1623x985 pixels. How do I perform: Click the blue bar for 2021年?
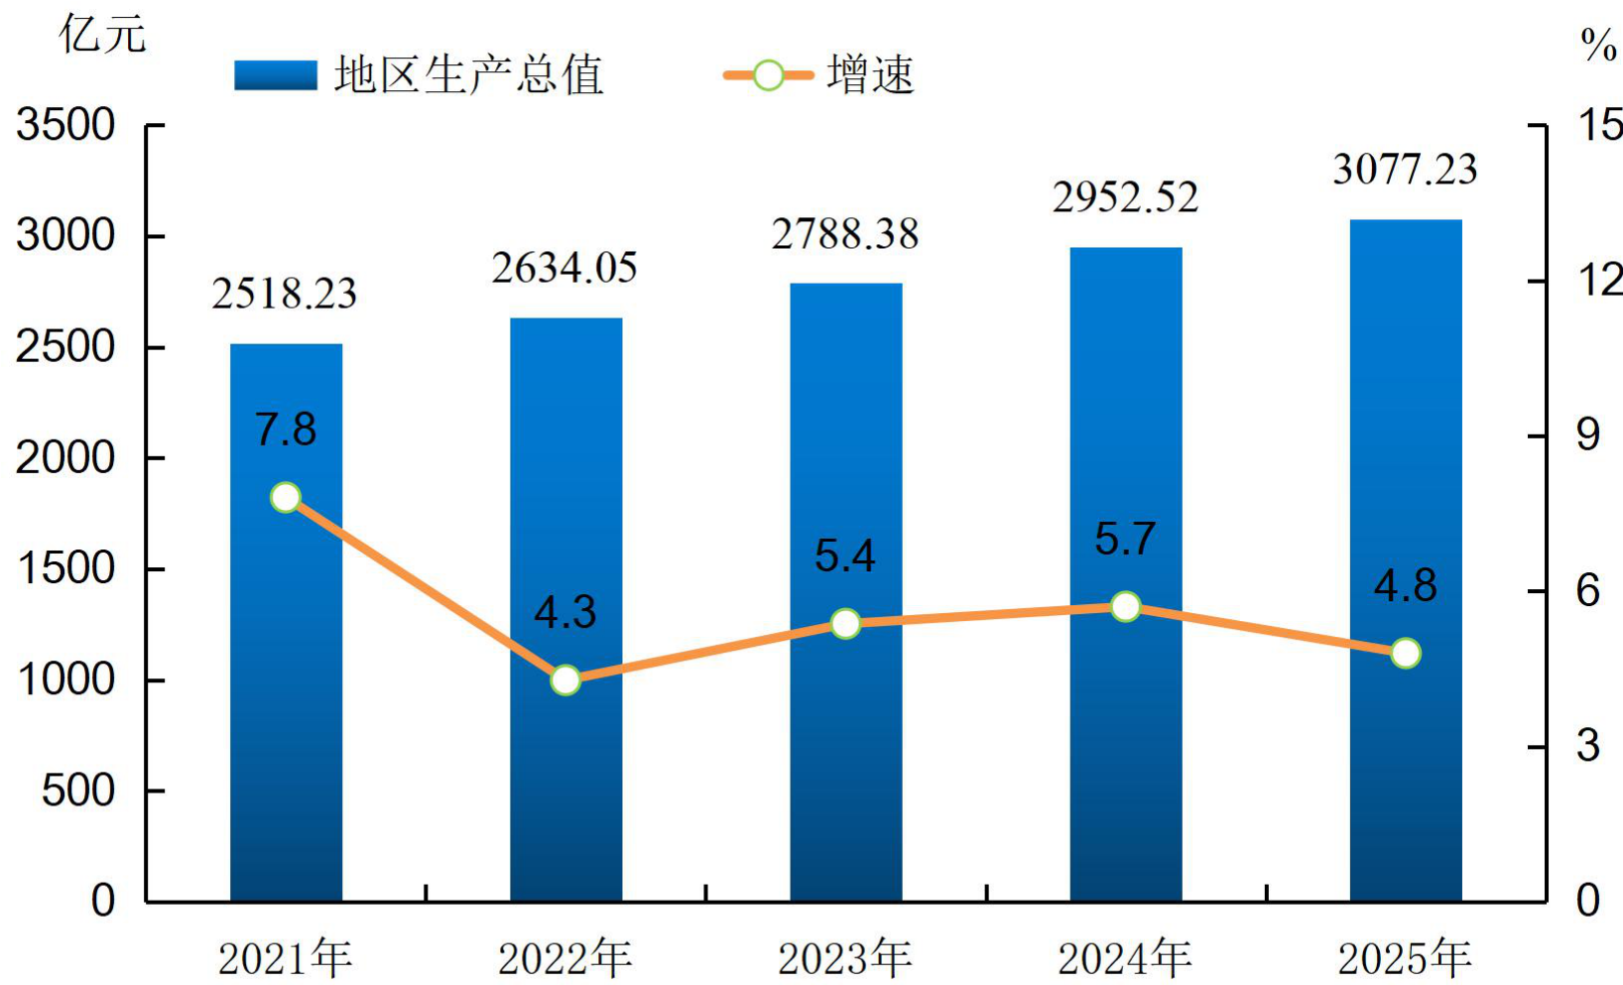[286, 623]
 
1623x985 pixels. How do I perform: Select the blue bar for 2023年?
[846, 592]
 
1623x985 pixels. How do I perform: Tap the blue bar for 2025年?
[1406, 560]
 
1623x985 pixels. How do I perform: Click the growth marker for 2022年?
[565, 680]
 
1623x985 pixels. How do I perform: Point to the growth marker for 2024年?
[1126, 607]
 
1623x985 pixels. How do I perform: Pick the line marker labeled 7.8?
[286, 498]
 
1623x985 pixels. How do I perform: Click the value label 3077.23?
[1405, 170]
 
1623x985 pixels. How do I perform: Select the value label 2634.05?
[564, 267]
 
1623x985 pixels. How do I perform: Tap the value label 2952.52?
[1125, 197]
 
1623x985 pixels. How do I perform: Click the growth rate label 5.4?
[845, 556]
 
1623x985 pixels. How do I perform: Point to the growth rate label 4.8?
[1406, 586]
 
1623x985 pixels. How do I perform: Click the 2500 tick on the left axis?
[65, 347]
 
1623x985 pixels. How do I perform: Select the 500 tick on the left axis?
[78, 791]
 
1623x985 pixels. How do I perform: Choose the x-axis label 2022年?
[565, 958]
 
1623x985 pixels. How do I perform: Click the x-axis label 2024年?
[1125, 958]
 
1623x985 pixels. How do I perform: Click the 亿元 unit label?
[102, 34]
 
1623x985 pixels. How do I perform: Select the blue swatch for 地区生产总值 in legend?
[276, 75]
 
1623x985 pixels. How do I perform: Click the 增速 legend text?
[872, 74]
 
